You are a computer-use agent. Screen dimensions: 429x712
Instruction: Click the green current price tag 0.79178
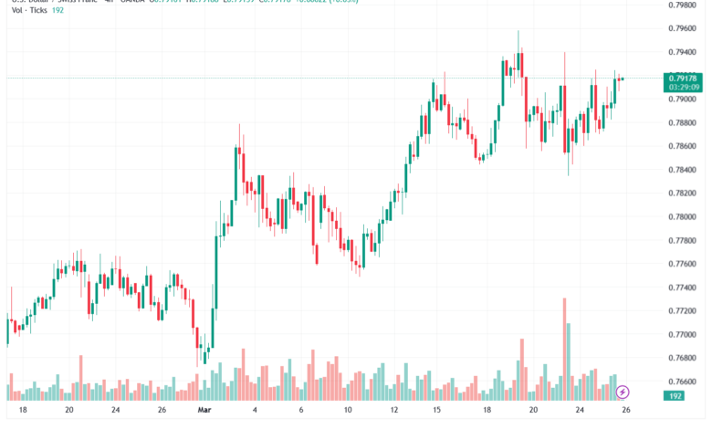point(682,78)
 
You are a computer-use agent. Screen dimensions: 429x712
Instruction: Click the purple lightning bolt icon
point(623,392)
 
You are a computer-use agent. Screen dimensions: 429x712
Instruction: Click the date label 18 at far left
point(22,411)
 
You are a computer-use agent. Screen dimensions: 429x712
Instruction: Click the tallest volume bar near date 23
point(564,348)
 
